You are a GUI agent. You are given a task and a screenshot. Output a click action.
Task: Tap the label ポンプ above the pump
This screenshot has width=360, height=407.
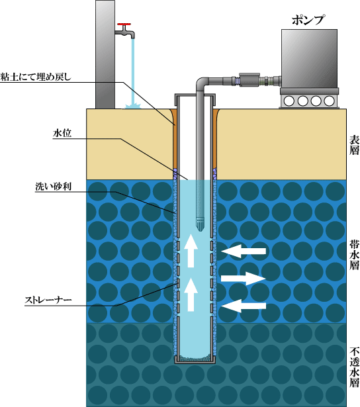[308, 20]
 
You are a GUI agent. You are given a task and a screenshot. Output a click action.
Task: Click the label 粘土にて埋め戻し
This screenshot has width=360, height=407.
[36, 77]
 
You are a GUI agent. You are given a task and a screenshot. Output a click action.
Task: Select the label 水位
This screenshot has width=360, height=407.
[62, 133]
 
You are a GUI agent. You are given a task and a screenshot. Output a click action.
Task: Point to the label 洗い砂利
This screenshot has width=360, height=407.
[53, 187]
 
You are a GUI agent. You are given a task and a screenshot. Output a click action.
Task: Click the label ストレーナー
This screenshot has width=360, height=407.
[48, 300]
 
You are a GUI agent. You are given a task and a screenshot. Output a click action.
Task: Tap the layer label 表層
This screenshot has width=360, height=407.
[354, 145]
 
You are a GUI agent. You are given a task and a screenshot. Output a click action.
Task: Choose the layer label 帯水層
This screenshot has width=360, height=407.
[354, 255]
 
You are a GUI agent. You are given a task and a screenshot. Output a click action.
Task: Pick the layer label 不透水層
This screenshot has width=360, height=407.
[354, 367]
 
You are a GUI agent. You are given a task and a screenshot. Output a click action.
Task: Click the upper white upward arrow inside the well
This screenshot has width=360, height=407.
[191, 251]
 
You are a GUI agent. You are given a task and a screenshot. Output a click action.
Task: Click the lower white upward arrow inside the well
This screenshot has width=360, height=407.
[191, 294]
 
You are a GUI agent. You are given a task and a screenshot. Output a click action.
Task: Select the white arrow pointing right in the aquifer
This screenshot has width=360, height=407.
[243, 279]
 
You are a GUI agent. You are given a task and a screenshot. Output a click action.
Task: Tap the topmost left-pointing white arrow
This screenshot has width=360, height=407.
[244, 251]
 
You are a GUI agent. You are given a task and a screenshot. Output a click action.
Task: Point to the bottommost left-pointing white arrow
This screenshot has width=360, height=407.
[244, 306]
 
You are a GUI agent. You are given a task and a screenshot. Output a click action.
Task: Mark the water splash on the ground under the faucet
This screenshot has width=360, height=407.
[132, 106]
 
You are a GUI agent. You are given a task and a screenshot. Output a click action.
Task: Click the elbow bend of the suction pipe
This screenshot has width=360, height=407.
[201, 82]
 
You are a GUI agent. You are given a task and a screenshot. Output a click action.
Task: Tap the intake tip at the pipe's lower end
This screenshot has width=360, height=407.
[200, 224]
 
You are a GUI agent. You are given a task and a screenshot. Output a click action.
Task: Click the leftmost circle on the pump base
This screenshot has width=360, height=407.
[289, 101]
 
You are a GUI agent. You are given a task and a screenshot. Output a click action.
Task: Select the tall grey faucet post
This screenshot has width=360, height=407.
[105, 54]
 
